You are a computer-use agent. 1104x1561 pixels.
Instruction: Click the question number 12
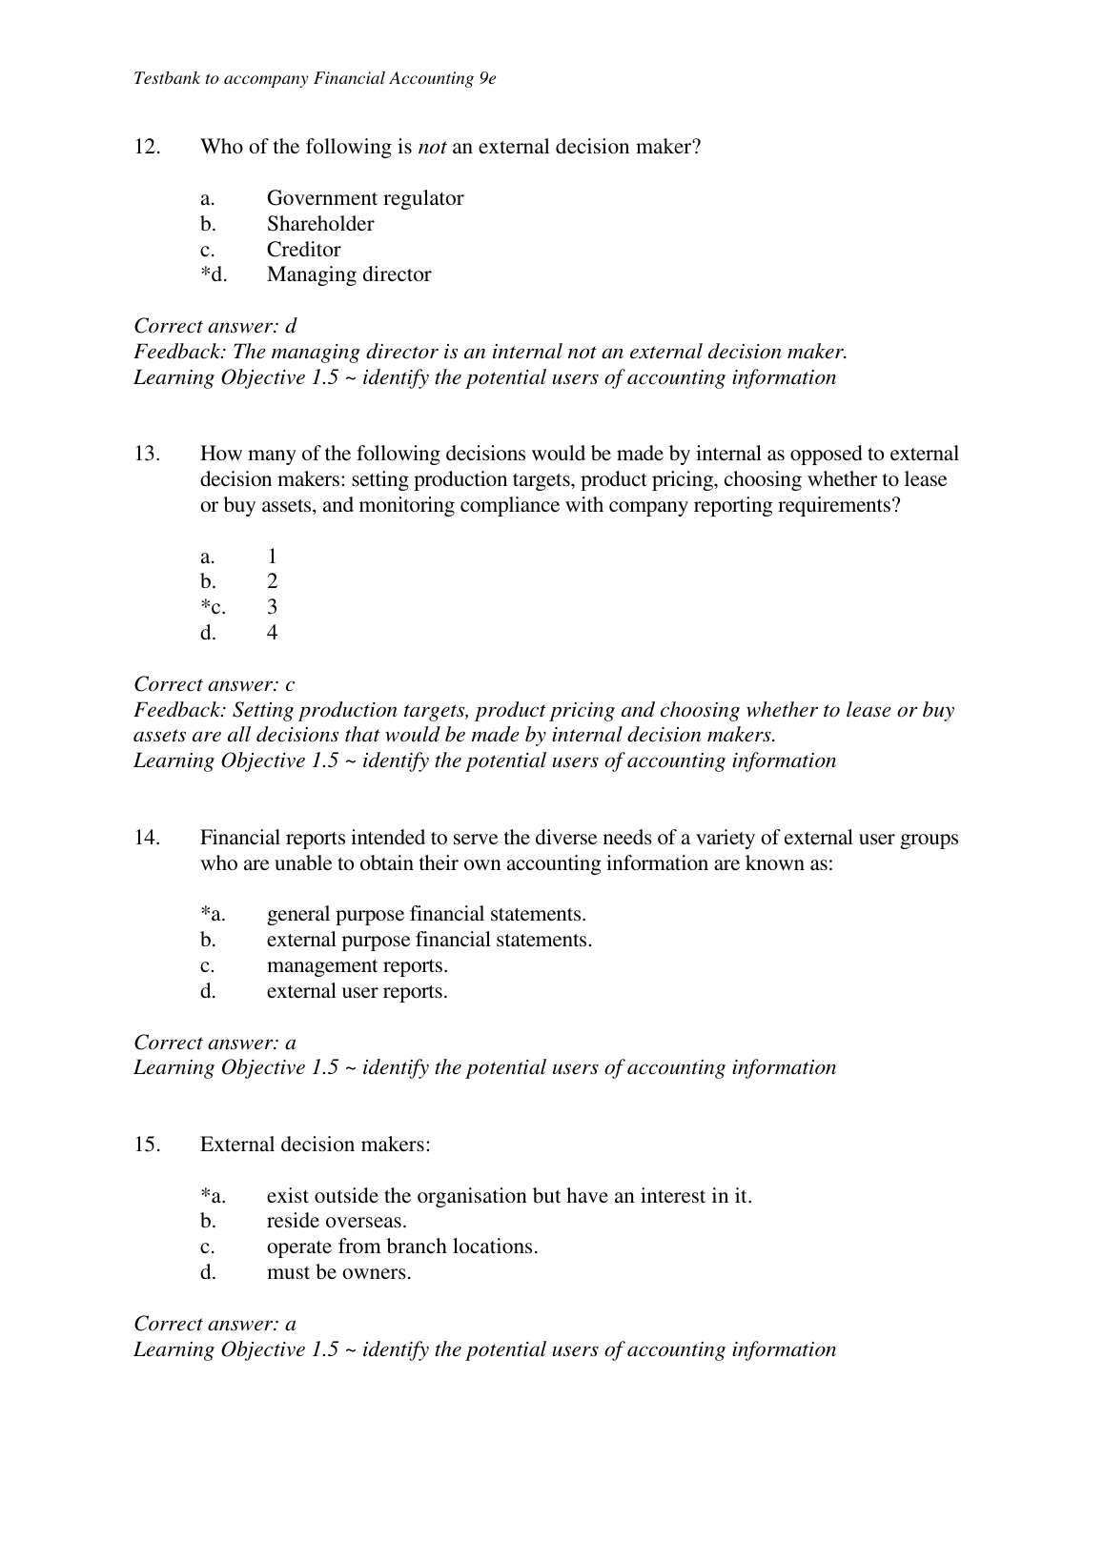(147, 147)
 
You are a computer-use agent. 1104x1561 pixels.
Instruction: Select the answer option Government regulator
(364, 198)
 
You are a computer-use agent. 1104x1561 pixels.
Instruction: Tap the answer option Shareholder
(319, 224)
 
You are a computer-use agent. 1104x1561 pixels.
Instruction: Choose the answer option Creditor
(303, 250)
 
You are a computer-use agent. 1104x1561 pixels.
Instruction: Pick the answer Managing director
(348, 275)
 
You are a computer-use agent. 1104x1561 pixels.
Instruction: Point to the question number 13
(147, 454)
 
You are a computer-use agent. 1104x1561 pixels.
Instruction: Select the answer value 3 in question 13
(272, 607)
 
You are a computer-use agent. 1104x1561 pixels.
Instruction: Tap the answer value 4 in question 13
(272, 633)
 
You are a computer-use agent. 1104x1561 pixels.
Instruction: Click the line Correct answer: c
(215, 684)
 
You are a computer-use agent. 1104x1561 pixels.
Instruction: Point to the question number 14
(147, 838)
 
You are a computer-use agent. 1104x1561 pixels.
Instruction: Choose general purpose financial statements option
(425, 915)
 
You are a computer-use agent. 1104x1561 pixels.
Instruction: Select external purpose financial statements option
(429, 941)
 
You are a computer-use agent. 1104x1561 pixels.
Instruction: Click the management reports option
(357, 966)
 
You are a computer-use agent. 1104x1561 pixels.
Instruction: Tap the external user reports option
(357, 992)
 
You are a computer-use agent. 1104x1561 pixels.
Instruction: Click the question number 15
(147, 1145)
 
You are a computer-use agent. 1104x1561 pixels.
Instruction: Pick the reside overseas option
(337, 1222)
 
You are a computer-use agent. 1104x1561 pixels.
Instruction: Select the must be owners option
(338, 1273)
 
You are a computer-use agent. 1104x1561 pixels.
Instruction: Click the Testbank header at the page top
(315, 78)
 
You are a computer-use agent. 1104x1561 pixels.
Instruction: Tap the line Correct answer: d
(215, 326)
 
